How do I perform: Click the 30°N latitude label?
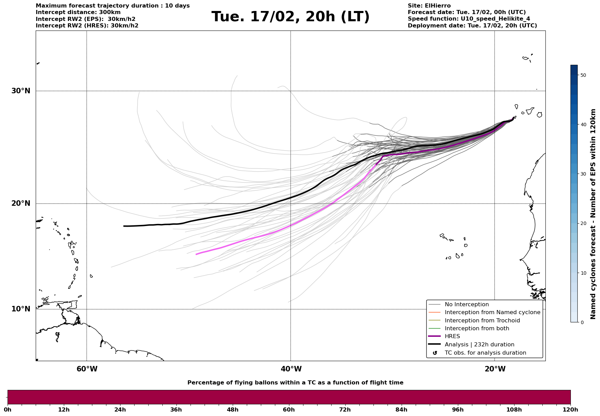point(21,91)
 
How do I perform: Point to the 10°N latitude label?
point(21,309)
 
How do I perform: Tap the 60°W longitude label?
point(87,369)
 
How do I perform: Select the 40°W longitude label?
point(291,369)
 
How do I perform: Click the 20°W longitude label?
point(495,369)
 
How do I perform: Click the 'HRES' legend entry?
point(452,336)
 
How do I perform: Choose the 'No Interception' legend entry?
point(466,305)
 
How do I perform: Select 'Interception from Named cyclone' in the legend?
point(492,312)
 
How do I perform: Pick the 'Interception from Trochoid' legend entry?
point(482,321)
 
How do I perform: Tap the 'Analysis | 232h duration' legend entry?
point(479,345)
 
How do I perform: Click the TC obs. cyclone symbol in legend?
point(435,353)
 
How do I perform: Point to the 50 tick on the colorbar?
point(583,75)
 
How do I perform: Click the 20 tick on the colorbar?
point(583,223)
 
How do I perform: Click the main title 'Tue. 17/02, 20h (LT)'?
point(290,17)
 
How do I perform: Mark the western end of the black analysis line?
point(124,226)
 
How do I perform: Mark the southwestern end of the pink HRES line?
point(196,254)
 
